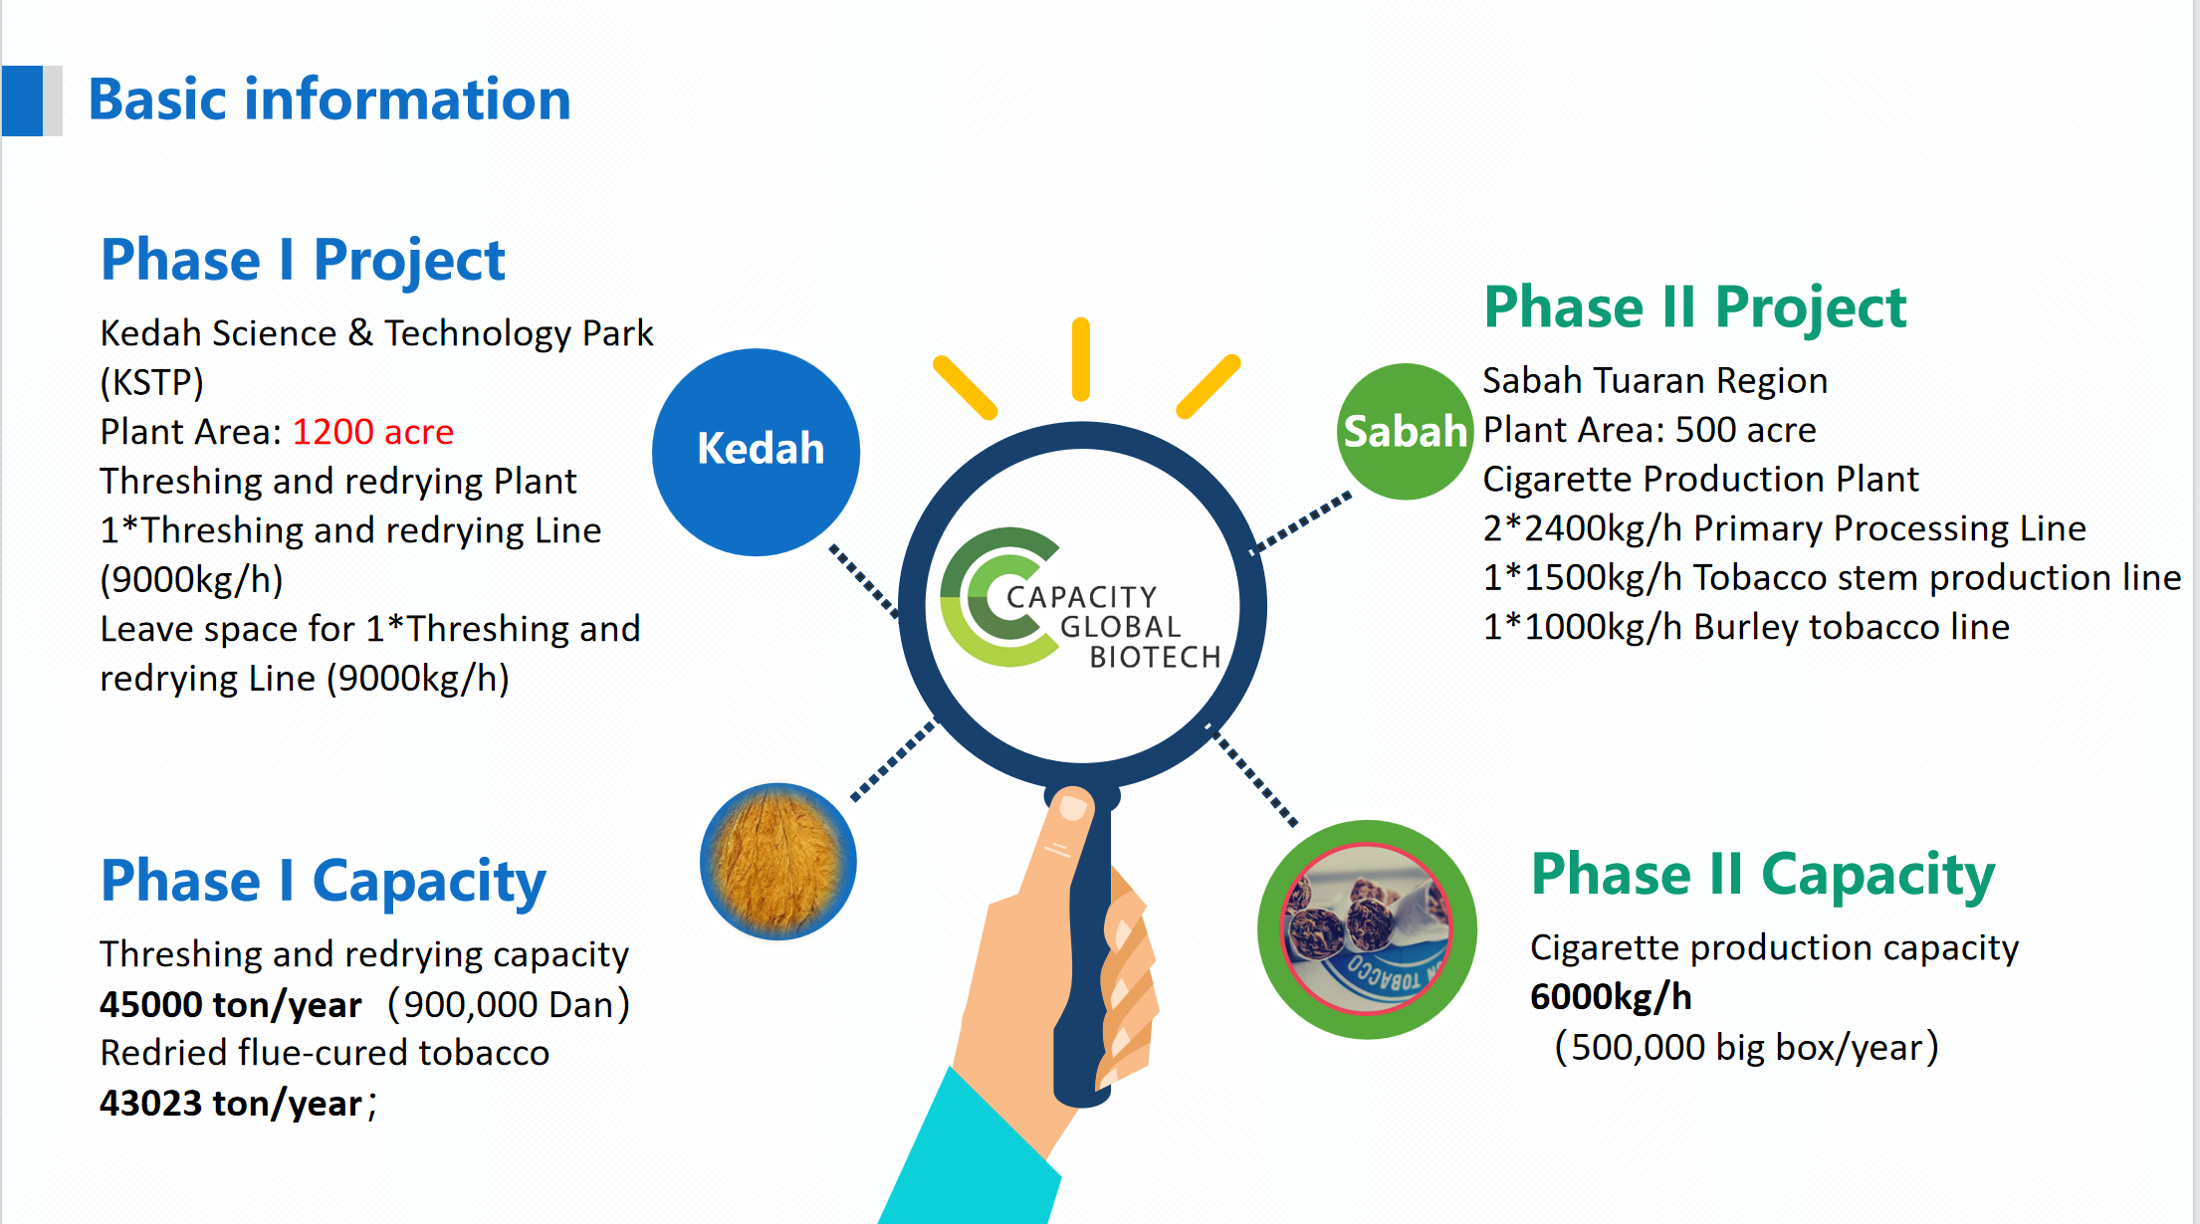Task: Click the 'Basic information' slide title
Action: (330, 100)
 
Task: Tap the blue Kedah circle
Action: (757, 452)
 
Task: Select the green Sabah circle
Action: (1405, 431)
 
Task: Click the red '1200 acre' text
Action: (373, 432)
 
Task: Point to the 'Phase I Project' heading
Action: (303, 261)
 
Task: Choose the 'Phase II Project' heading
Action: (1695, 307)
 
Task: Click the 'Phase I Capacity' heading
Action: (324, 882)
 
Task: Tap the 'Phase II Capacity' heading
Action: (1763, 876)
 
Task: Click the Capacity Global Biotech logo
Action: (1080, 599)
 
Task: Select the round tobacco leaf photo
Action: (778, 862)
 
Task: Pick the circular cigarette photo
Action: (1367, 929)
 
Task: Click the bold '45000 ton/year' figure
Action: (230, 1005)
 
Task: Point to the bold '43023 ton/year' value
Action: (231, 1104)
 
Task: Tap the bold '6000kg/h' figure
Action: (1611, 997)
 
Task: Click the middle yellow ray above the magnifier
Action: (1081, 359)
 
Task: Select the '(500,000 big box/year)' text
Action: (1747, 1048)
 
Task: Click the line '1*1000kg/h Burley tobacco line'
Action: (1746, 628)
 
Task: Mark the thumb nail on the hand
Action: (1073, 805)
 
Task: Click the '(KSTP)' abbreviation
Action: (151, 383)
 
